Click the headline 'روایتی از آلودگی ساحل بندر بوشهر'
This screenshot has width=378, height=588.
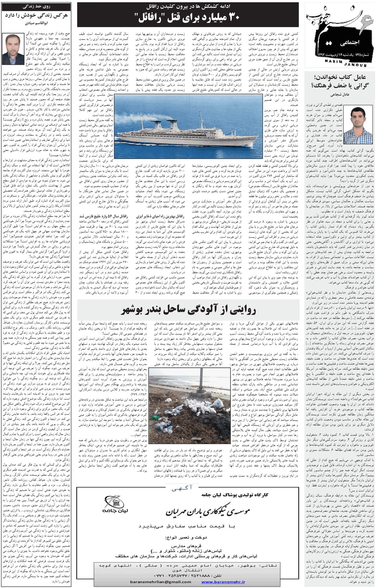(x=188, y=310)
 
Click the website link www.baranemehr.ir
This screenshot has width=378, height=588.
(x=223, y=582)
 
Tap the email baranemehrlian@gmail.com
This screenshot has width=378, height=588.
(x=161, y=582)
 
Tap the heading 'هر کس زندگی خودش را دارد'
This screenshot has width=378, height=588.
(x=37, y=15)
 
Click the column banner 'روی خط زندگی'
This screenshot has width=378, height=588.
(x=36, y=7)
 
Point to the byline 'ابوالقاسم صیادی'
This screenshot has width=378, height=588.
(x=37, y=23)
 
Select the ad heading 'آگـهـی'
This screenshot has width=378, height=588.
(x=182, y=488)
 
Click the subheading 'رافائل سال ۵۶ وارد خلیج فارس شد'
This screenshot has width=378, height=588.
(x=104, y=216)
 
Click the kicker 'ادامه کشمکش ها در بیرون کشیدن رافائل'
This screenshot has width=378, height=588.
(x=188, y=7)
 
